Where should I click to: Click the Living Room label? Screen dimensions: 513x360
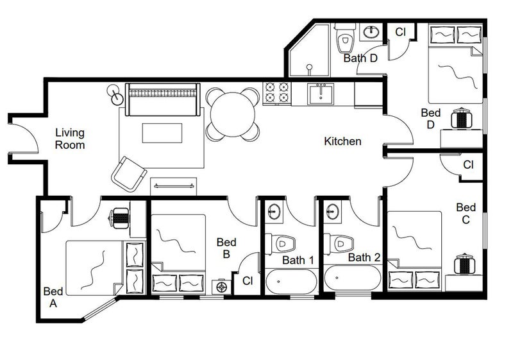(x=70, y=139)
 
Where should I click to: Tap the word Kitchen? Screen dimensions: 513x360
(x=342, y=141)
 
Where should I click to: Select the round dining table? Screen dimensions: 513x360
(x=233, y=114)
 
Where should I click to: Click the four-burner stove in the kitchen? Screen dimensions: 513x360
(x=277, y=92)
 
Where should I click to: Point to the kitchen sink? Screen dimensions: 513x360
(x=320, y=94)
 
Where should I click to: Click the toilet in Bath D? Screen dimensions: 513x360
(x=345, y=38)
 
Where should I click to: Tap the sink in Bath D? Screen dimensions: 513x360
(x=371, y=32)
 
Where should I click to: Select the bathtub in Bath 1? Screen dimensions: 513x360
(x=291, y=282)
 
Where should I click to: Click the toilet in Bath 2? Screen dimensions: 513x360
(x=339, y=243)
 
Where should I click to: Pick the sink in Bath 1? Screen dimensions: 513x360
(x=274, y=211)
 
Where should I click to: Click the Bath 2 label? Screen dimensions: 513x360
(x=364, y=257)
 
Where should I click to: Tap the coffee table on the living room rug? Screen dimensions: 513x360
(x=162, y=133)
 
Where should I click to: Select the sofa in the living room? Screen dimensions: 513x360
(x=163, y=99)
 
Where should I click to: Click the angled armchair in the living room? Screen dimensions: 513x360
(x=129, y=174)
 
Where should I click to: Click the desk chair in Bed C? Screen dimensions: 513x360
(x=464, y=264)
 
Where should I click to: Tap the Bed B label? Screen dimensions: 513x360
(x=226, y=248)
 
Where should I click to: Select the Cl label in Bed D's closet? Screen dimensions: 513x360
(x=400, y=32)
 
